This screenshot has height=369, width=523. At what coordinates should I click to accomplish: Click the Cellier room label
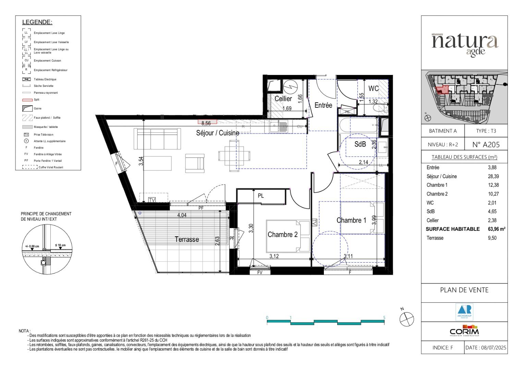pyautogui.click(x=283, y=99)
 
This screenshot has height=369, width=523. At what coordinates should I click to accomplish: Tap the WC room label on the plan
pyautogui.click(x=373, y=89)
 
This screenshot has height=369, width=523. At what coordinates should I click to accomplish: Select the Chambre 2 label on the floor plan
pyautogui.click(x=282, y=235)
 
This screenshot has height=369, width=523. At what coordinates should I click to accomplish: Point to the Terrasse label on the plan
pyautogui.click(x=187, y=239)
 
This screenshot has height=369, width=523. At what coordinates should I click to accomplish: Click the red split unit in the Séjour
pyautogui.click(x=207, y=122)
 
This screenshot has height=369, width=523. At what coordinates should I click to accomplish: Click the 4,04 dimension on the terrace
pyautogui.click(x=182, y=215)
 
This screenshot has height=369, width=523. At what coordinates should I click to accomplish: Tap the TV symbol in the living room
pyautogui.click(x=152, y=200)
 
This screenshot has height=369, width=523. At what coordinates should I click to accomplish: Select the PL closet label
pyautogui.click(x=261, y=196)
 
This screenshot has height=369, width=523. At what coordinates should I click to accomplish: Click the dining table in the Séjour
pyautogui.click(x=234, y=156)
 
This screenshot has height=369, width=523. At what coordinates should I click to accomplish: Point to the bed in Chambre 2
pyautogui.click(x=288, y=236)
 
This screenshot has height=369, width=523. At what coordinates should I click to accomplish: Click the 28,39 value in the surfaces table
pyautogui.click(x=493, y=176)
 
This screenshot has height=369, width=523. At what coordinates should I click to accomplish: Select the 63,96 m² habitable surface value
pyautogui.click(x=496, y=229)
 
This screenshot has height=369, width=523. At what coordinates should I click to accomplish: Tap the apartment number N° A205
pyautogui.click(x=486, y=145)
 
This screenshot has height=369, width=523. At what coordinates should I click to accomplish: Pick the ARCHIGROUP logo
pyautogui.click(x=464, y=312)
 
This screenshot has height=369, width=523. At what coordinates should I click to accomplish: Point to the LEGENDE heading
pyautogui.click(x=37, y=22)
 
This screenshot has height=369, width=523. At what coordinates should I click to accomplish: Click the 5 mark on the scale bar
pyautogui.click(x=384, y=318)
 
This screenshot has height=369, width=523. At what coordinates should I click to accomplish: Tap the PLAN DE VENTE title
pyautogui.click(x=464, y=290)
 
